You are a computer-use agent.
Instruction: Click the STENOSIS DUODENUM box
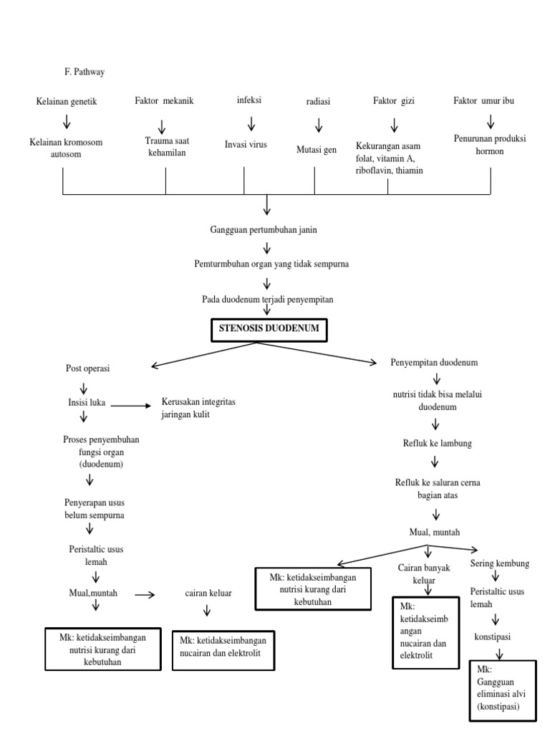point(269,330)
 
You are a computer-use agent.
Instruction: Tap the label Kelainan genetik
point(66,102)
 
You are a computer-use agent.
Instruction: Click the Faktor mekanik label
point(164,101)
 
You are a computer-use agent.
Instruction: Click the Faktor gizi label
point(393,101)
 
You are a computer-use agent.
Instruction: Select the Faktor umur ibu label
point(483,101)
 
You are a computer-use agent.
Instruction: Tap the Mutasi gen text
point(316,150)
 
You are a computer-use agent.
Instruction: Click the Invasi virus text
point(246,144)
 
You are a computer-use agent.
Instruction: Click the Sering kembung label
point(499,563)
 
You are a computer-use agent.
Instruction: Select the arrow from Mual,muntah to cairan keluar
point(145,594)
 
